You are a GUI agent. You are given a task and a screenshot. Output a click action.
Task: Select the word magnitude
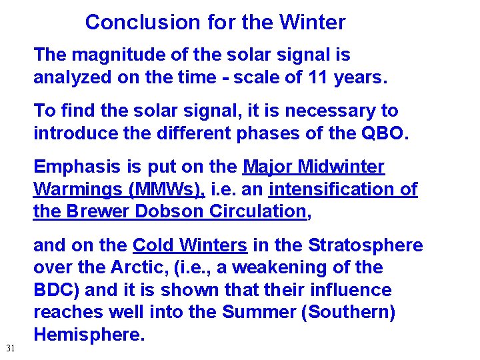[x=113, y=55]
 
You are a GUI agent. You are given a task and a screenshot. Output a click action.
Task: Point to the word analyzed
[x=73, y=77]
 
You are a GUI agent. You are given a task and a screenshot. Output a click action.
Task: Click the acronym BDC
[x=55, y=291]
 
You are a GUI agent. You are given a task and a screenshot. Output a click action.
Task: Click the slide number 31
[x=10, y=348]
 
